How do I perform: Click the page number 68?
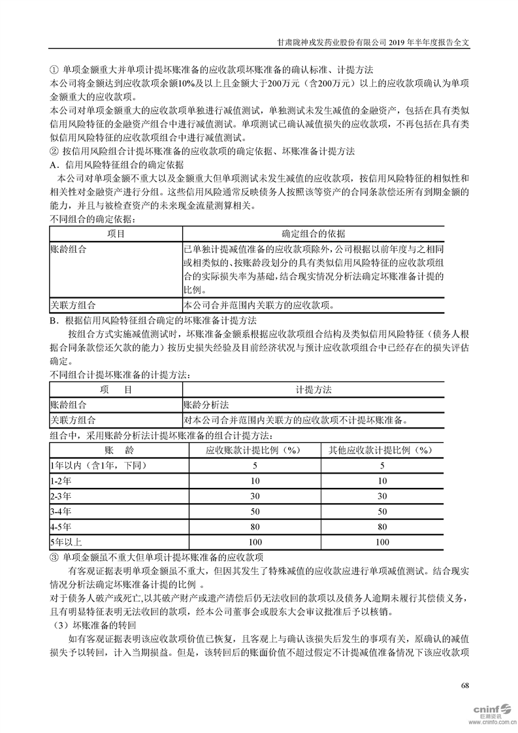pyautogui.click(x=465, y=685)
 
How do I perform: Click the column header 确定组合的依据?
pyautogui.click(x=314, y=233)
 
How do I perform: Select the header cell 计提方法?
pyautogui.click(x=314, y=389)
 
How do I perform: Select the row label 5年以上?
pyautogui.click(x=66, y=542)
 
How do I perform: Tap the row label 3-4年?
pyautogui.click(x=61, y=511)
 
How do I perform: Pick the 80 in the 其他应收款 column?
pyautogui.click(x=382, y=526)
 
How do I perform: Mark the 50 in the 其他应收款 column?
pyautogui.click(x=382, y=511)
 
